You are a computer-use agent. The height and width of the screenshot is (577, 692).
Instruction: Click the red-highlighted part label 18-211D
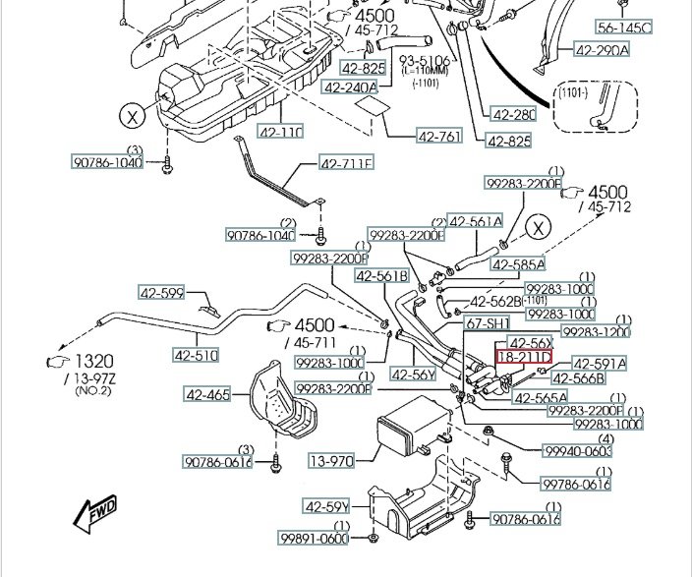click(524, 359)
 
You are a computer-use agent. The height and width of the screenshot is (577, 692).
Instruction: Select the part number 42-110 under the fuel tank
click(281, 132)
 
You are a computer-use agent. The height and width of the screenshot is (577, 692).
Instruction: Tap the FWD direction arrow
click(96, 512)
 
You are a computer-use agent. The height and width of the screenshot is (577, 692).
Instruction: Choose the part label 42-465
click(206, 395)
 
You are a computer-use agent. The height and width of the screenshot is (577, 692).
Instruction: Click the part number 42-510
click(196, 355)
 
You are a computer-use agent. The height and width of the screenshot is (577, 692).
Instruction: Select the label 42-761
click(438, 136)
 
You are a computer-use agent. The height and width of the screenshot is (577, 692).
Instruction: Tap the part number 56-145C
click(625, 28)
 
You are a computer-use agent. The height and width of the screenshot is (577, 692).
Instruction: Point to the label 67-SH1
click(487, 323)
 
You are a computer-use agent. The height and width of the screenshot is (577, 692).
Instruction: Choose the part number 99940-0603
click(578, 451)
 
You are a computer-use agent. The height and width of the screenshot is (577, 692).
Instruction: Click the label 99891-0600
click(314, 539)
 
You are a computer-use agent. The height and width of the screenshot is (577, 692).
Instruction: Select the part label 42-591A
click(599, 364)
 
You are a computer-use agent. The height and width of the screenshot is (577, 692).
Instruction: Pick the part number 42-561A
click(476, 222)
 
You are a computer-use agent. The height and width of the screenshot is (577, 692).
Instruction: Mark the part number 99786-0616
click(576, 484)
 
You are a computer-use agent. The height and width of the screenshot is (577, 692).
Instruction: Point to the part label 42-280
click(511, 114)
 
